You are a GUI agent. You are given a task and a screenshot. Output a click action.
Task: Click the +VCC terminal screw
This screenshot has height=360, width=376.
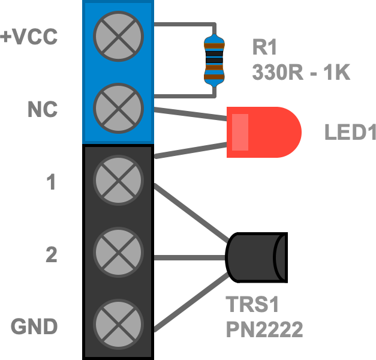(x=119, y=36)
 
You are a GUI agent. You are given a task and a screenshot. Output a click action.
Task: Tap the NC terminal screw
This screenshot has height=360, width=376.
(x=119, y=108)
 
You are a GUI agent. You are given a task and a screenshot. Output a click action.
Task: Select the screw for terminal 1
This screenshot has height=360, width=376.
(x=119, y=180)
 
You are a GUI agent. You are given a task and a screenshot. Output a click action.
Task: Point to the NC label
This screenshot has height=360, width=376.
(x=43, y=110)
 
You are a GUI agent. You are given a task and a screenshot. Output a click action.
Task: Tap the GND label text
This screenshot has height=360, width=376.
(x=34, y=327)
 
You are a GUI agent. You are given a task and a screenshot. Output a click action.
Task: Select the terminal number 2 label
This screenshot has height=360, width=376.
(x=52, y=256)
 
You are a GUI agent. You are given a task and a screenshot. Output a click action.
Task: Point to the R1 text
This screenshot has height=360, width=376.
(x=266, y=47)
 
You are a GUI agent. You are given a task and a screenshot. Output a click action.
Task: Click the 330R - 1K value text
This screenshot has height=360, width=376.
(x=300, y=73)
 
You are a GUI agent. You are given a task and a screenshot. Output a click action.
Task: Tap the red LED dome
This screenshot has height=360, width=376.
(x=264, y=132)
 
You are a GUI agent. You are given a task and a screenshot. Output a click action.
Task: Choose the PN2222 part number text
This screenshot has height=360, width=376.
(x=264, y=329)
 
